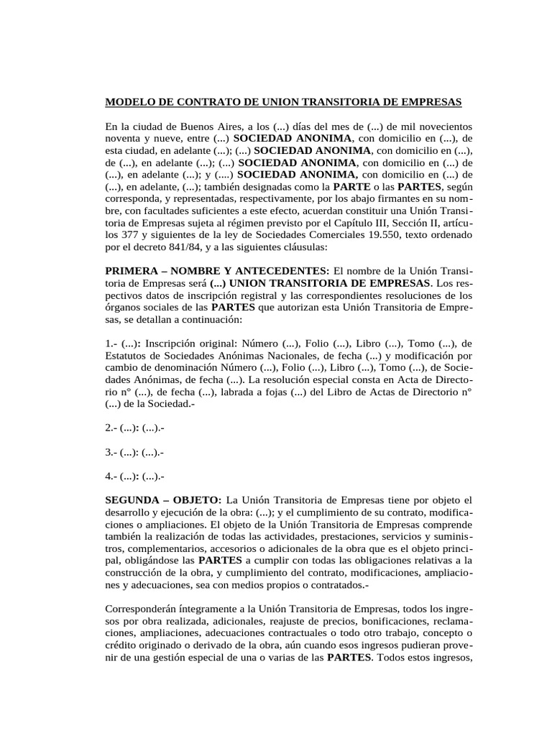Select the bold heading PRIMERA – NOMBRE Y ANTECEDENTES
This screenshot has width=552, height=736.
pyautogui.click(x=217, y=271)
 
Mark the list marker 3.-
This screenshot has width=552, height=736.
pyautogui.click(x=112, y=453)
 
